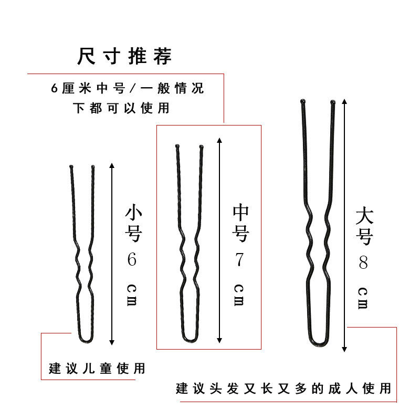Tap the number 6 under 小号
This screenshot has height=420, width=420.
coord(132,260)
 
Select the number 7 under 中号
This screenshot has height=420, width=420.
coord(239,260)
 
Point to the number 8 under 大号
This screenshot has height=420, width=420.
coord(363,262)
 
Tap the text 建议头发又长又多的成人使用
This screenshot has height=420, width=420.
coord(283,389)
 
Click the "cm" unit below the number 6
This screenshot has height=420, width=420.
coord(132,297)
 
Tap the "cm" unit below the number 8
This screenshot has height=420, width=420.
coord(363,298)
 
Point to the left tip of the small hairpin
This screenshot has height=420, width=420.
coord(71,167)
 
